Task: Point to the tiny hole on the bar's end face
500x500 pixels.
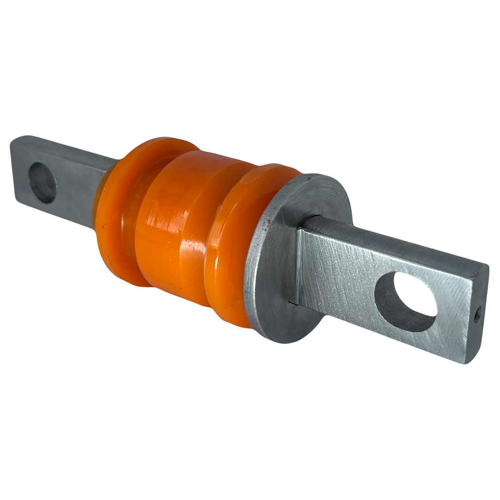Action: pyautogui.click(x=477, y=316)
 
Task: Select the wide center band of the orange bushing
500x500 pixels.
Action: pyautogui.click(x=181, y=231)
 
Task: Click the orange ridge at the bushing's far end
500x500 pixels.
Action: pyautogui.click(x=116, y=213)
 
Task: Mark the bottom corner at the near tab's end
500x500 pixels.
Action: pyautogui.click(x=468, y=361)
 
